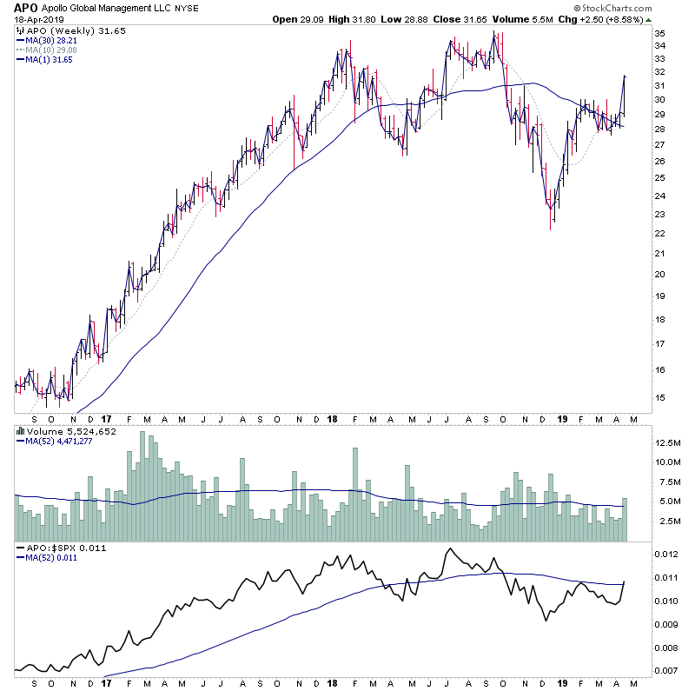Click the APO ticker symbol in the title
coord(25,8)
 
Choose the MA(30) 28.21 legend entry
coord(47,39)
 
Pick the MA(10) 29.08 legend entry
coord(47,50)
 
